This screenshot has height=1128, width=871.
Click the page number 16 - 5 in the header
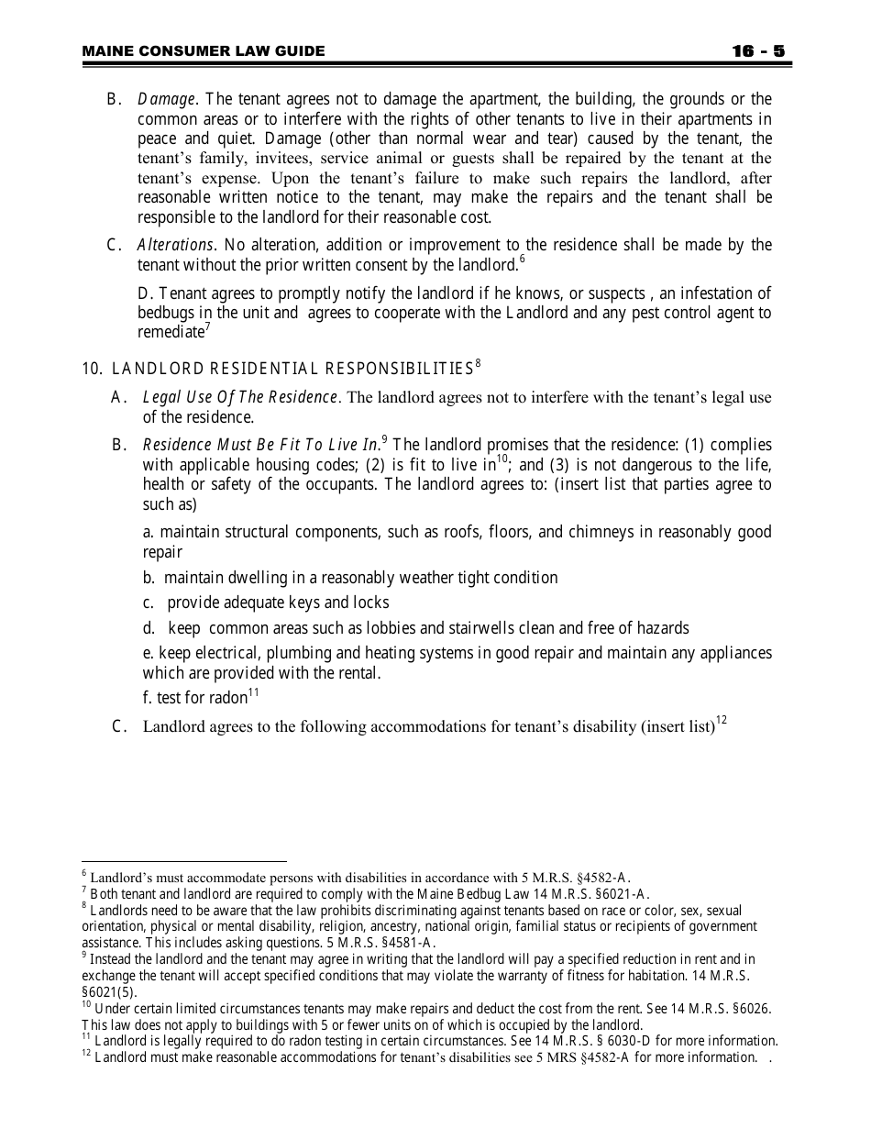[758, 51]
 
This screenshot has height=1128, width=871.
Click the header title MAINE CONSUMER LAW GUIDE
[204, 51]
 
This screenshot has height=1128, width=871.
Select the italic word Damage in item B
[166, 99]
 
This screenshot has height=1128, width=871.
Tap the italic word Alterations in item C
[175, 245]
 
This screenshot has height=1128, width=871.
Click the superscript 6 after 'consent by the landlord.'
[522, 260]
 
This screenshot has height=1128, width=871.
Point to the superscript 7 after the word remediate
[208, 326]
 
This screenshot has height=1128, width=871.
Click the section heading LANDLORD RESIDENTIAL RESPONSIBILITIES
[292, 370]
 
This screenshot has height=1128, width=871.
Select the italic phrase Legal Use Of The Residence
[241, 397]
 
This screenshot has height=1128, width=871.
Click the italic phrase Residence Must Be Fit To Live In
[261, 445]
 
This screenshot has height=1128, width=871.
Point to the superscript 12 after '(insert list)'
[722, 721]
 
